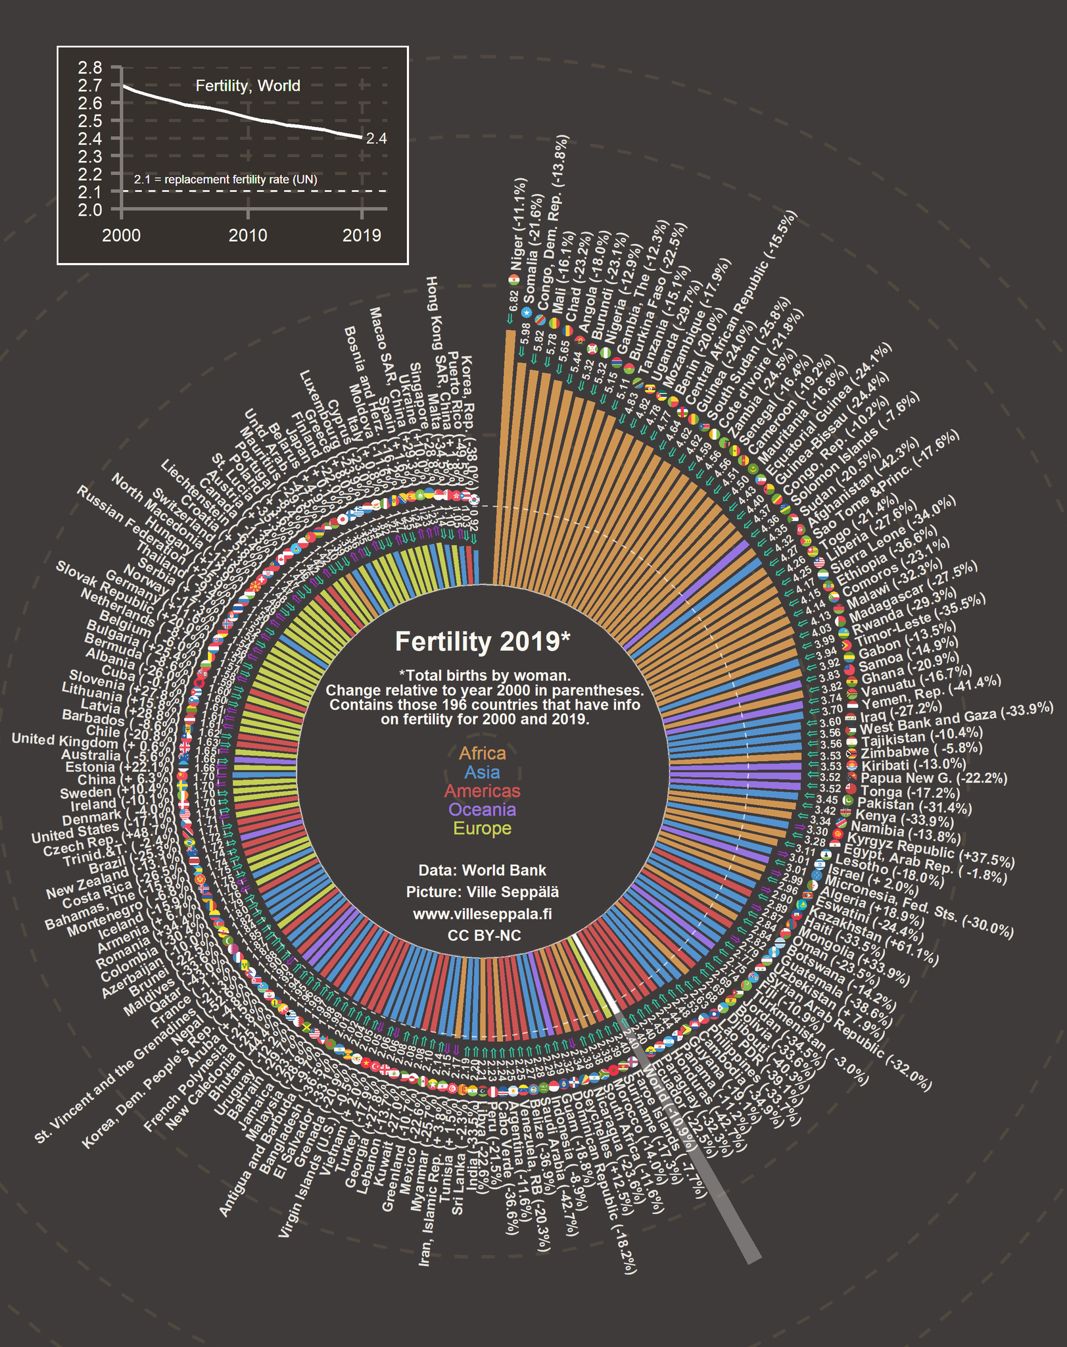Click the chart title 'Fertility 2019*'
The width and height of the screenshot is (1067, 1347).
coord(482,641)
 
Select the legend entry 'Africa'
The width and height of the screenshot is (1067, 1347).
coord(482,753)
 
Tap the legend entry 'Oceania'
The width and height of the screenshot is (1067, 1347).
coord(482,810)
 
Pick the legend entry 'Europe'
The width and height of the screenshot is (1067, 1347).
coord(482,829)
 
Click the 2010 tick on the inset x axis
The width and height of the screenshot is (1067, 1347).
coord(248,235)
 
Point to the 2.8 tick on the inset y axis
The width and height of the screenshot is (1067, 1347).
coord(89,68)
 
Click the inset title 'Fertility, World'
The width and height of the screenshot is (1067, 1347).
coord(248,86)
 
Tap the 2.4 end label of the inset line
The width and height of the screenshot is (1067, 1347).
coord(376,139)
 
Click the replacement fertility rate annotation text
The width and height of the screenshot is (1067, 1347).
coord(225,180)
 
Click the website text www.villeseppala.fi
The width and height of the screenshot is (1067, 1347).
coord(482,914)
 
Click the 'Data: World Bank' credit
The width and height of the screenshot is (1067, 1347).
coord(482,870)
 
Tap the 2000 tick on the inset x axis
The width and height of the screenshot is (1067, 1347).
coord(122,235)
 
